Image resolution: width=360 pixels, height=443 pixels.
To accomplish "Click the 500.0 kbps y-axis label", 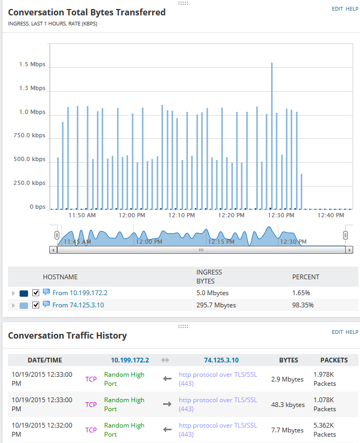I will pos(30,160).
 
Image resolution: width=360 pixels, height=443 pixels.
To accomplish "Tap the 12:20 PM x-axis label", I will pos(231,216).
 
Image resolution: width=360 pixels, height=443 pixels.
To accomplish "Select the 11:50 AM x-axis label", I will pos(83,216).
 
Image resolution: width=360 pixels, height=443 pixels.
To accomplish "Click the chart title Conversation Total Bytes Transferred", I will pos(87,12).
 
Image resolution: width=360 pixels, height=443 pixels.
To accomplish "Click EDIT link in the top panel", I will pos(337,9).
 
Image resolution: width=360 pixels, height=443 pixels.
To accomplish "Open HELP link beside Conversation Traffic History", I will pos(352,332).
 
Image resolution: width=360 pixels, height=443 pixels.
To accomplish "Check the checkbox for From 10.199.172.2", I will pos(36,293).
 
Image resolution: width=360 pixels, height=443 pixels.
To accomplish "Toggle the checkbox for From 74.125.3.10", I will pos(36,305).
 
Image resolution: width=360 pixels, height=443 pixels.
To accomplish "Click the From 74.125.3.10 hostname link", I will pos(78,305).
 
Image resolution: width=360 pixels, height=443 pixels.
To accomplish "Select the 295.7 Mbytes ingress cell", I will pos(216,305).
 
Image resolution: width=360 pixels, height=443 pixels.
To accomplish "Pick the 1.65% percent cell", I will pos(301,293).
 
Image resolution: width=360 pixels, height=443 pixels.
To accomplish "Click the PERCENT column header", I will pos(305,277).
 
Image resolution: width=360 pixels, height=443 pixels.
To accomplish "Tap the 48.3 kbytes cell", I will pos(292,405).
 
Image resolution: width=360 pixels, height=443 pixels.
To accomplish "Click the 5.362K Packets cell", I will pos(324,430).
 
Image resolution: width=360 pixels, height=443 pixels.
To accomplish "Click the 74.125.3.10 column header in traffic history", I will pos(221,360).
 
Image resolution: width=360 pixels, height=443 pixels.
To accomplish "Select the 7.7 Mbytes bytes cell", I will pos(291,430).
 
